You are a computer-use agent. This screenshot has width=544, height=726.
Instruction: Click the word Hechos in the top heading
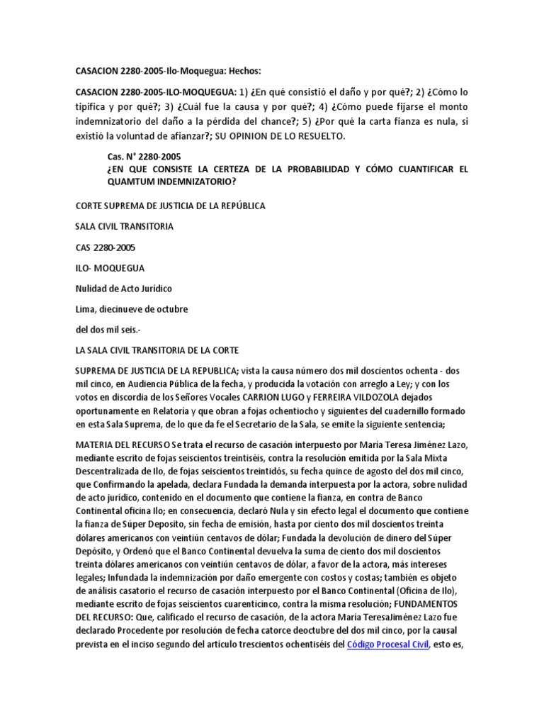tap(242, 72)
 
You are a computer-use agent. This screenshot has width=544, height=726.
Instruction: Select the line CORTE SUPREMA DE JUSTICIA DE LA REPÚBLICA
tap(170, 206)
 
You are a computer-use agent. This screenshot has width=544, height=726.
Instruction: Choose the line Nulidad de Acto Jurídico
tap(124, 289)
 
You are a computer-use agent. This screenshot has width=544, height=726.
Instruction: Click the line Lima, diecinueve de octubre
tap(131, 309)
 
